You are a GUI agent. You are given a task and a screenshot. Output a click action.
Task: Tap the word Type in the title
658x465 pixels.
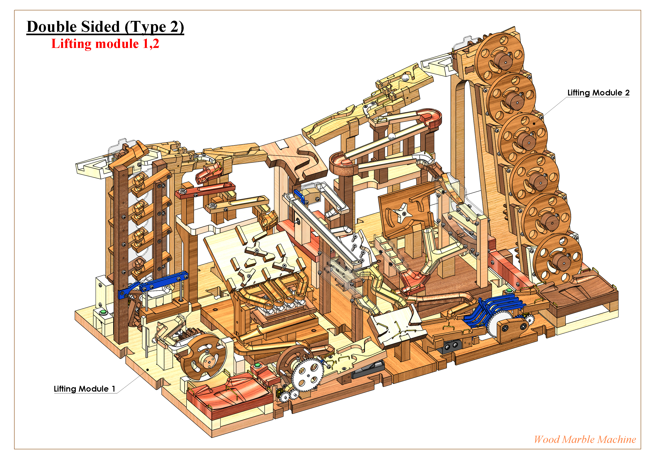tap(149, 27)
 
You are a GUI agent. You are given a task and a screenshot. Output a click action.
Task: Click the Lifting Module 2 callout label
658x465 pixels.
tap(598, 93)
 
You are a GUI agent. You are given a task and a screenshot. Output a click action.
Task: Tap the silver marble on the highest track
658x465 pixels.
tap(405, 77)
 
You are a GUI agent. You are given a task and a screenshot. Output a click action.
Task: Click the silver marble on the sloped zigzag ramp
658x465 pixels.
tap(391, 136)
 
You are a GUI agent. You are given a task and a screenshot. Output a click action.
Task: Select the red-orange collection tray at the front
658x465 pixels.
tap(229, 395)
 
